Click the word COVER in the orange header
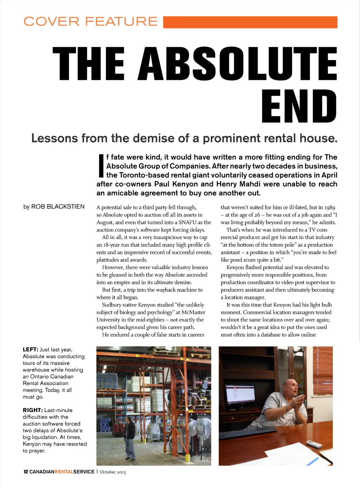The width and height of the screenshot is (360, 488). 51,21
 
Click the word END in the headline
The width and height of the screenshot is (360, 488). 299,107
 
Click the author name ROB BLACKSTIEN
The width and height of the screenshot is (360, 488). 58,207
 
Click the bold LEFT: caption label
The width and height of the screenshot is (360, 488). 31,349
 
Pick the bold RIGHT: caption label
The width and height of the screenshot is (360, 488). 33,410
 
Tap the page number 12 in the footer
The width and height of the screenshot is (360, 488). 26,472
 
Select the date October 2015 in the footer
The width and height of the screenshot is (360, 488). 113,472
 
